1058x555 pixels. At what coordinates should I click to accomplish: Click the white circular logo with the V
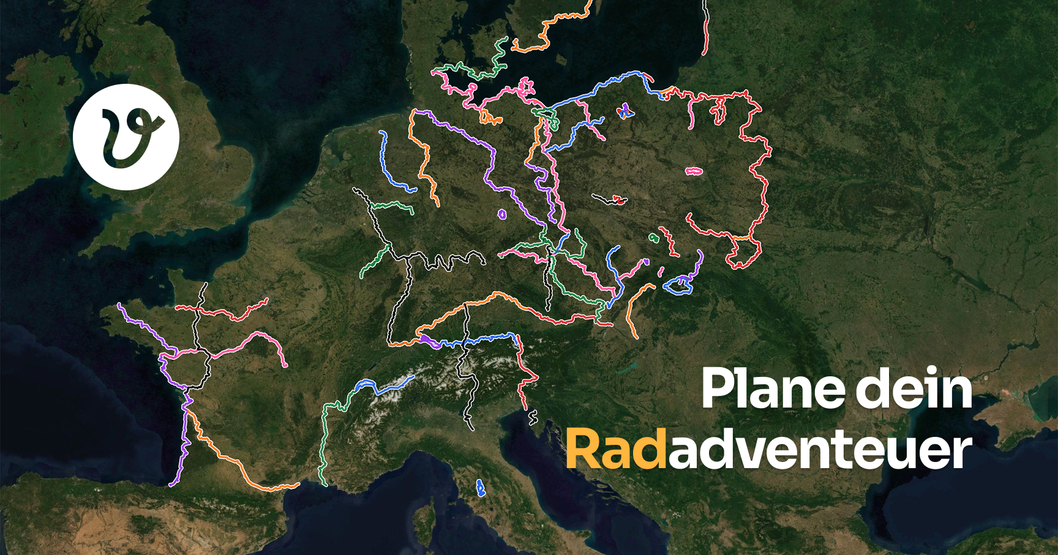click(x=126, y=136)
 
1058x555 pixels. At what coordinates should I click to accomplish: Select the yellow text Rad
click(x=615, y=450)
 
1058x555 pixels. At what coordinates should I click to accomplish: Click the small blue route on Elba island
click(x=480, y=488)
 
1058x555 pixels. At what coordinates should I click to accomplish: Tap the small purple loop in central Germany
click(x=502, y=214)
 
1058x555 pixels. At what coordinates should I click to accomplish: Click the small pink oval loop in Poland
click(x=694, y=172)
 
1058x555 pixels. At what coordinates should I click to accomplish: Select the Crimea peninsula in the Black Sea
click(x=1004, y=416)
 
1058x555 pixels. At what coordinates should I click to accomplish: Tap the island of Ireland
click(x=37, y=104)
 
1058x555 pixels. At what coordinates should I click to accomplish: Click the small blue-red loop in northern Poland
click(x=625, y=111)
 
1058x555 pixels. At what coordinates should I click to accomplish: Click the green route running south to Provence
click(x=323, y=441)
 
